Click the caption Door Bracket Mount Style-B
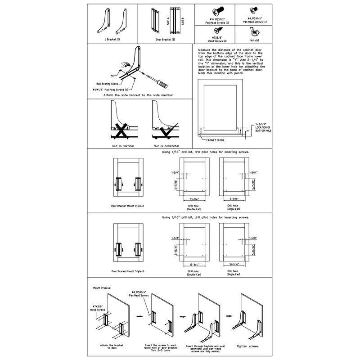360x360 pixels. (x=128, y=271)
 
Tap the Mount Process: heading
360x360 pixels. (x=103, y=287)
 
